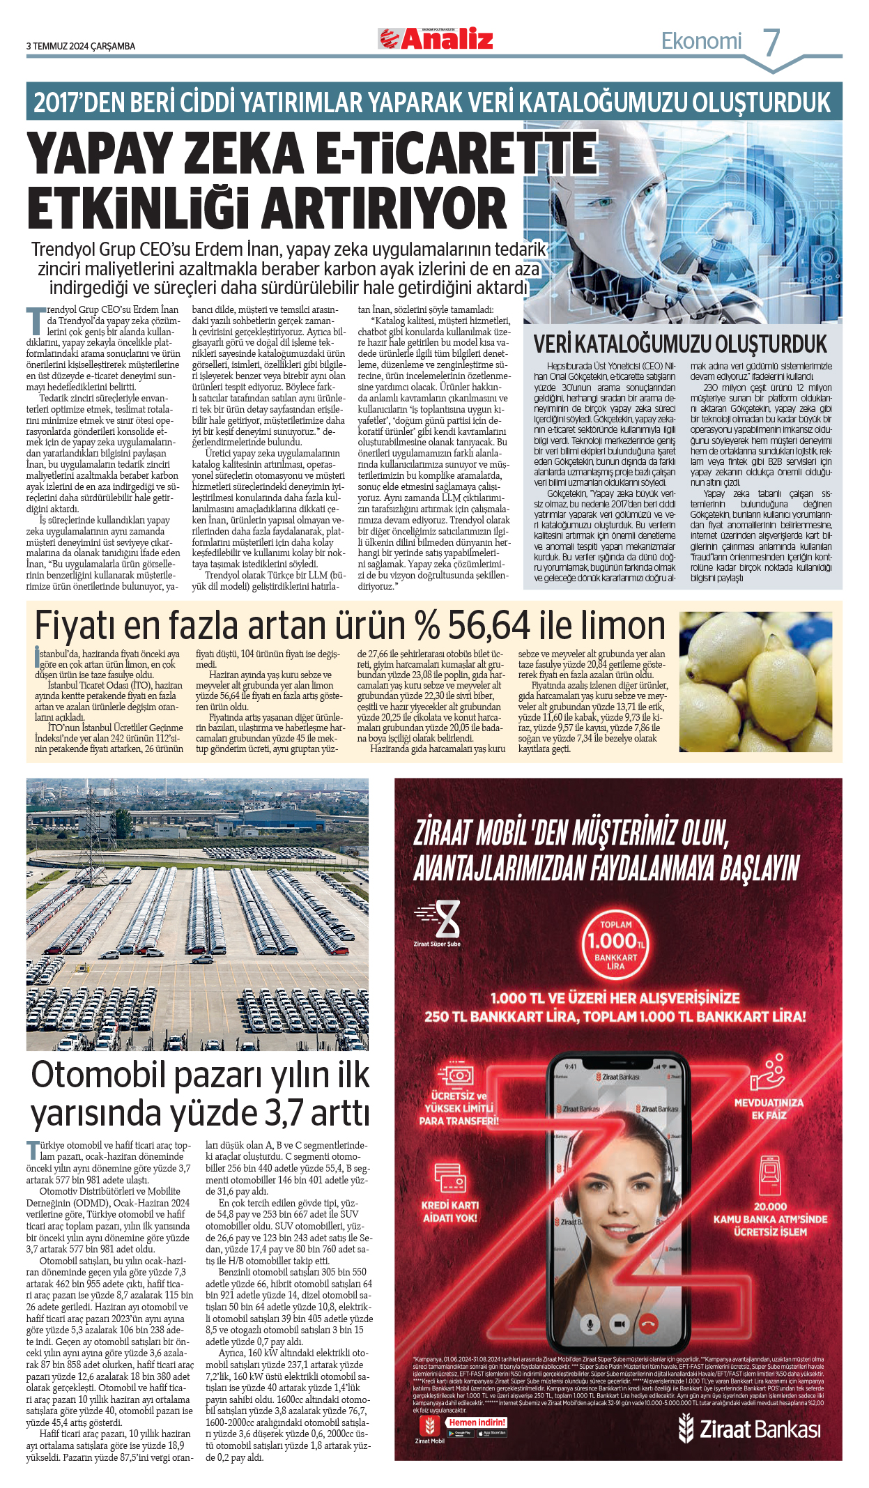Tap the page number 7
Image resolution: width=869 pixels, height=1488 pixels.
tap(771, 43)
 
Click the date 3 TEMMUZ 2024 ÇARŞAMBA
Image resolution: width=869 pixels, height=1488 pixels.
tap(81, 46)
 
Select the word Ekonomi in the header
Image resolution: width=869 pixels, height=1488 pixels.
tap(701, 41)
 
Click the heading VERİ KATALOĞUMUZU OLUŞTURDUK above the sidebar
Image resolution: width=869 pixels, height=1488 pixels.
tap(680, 344)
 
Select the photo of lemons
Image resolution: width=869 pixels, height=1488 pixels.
tap(755, 682)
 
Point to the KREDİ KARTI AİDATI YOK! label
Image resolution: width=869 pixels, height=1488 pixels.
tap(450, 1211)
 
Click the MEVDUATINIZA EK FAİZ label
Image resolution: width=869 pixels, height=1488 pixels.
tap(769, 1109)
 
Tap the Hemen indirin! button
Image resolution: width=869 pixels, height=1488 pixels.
tap(477, 1422)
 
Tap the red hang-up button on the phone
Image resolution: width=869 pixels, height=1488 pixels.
tap(649, 1324)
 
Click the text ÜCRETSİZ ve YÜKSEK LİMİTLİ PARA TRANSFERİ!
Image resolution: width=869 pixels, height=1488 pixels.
tap(459, 1108)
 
